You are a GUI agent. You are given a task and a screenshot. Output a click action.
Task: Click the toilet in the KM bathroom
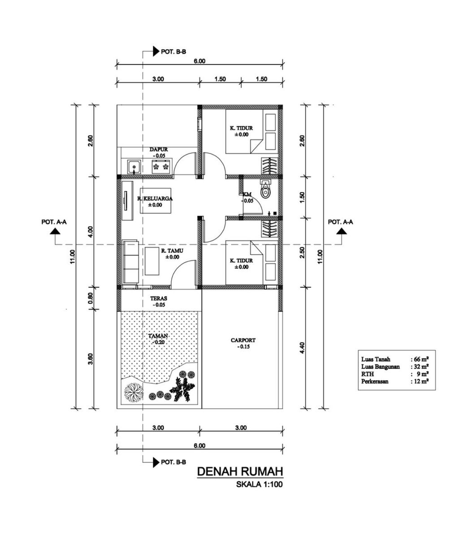click(265, 190)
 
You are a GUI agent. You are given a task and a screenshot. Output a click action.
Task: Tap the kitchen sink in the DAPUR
click(134, 167)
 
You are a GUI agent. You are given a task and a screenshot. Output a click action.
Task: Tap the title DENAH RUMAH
click(240, 471)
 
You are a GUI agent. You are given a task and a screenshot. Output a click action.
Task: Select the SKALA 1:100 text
click(260, 484)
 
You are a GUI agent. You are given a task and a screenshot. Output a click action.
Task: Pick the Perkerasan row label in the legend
click(375, 381)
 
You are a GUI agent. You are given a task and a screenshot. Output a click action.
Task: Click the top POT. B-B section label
click(173, 52)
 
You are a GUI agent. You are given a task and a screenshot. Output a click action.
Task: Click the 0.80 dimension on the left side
click(91, 298)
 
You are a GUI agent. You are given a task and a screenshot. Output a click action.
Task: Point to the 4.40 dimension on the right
click(302, 348)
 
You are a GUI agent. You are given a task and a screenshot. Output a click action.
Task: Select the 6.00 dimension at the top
click(199, 61)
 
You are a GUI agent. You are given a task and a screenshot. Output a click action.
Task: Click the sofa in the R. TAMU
click(130, 262)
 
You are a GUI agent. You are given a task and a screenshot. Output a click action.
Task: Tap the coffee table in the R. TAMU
click(152, 261)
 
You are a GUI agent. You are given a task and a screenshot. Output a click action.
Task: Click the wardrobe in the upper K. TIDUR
click(270, 166)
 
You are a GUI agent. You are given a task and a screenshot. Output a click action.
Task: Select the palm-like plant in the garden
click(182, 389)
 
